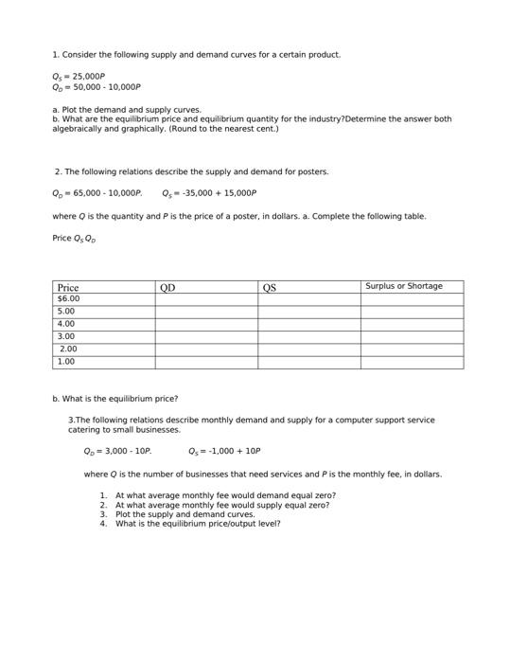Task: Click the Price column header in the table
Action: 68,287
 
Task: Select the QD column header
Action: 167,287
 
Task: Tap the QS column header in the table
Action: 270,287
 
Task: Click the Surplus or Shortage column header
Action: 404,286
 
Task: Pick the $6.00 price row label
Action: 69,298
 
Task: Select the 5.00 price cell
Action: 66,311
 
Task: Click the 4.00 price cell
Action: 66,324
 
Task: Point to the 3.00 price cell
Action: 66,336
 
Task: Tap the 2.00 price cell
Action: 68,349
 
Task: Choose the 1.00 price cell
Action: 66,361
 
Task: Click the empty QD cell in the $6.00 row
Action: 206,298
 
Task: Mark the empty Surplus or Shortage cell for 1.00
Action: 412,361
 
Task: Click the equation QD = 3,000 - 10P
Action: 117,452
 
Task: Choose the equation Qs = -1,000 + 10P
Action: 224,452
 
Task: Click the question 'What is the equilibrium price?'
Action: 115,399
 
